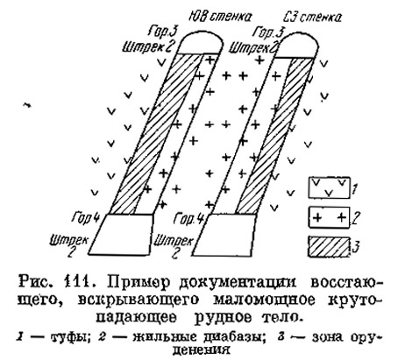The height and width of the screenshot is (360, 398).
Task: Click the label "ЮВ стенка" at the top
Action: click(x=220, y=17)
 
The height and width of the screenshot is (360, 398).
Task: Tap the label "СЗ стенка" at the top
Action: click(x=312, y=18)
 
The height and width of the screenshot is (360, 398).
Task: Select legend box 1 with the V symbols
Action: click(x=329, y=187)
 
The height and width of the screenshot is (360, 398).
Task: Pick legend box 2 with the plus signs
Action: click(x=329, y=217)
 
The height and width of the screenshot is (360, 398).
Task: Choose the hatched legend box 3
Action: click(x=329, y=247)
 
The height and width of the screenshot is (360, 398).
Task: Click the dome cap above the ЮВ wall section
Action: click(x=201, y=43)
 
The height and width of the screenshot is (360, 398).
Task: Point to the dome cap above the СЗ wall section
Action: click(x=298, y=46)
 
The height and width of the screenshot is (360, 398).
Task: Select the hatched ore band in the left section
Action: click(x=155, y=134)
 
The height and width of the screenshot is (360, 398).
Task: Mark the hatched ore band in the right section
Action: click(x=274, y=136)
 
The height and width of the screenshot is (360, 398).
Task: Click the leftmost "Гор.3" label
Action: click(x=163, y=32)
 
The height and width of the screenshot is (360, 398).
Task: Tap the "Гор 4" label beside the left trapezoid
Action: click(x=86, y=218)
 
